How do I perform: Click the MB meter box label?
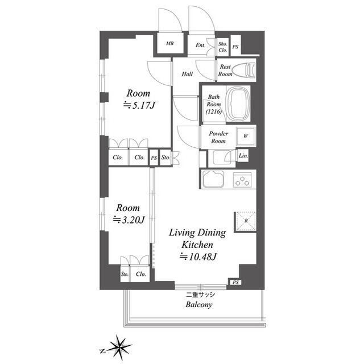pos(169,43)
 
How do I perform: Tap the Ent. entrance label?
pos(201,45)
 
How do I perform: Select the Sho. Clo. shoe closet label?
pos(222,47)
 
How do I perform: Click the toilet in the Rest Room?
pos(243,69)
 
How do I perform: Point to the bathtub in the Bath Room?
pos(239,104)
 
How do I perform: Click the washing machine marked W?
pos(246,136)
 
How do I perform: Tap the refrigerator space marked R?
pos(246,221)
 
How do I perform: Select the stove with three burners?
pos(242,180)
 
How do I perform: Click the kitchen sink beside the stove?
pos(213,179)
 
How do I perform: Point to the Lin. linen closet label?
pos(243,155)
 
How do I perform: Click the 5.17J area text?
pos(139,106)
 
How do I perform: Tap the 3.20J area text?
pos(129,220)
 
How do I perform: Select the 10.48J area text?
pos(198,257)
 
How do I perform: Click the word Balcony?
pos(199,305)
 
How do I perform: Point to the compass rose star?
pos(119,348)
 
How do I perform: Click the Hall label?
pos(187,74)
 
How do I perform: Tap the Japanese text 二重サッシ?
pos(201,295)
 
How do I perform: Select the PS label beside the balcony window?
pos(235,282)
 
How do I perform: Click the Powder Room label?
pos(218,137)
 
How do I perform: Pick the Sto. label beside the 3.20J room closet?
pos(125,274)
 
